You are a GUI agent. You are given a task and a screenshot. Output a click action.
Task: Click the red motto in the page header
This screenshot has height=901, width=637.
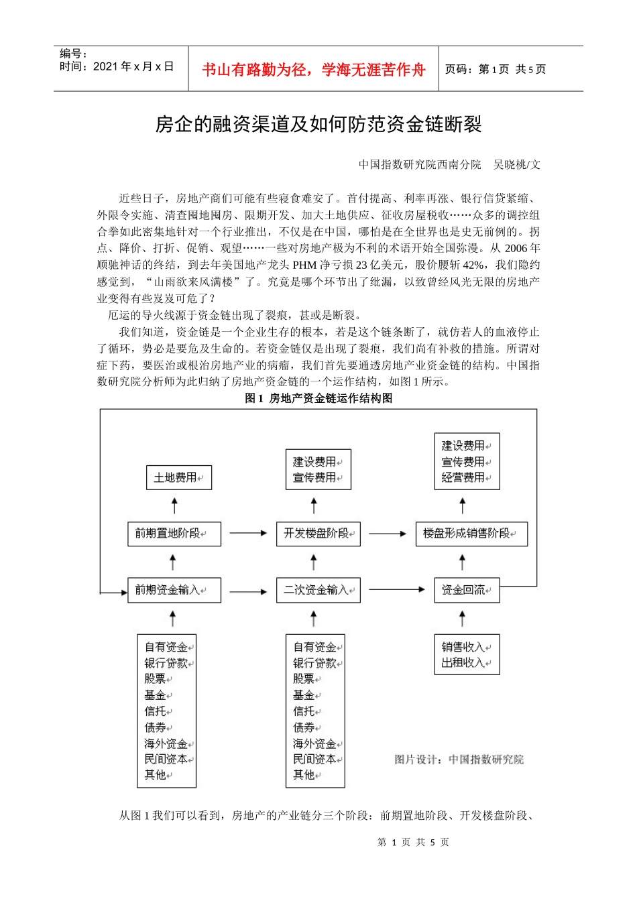click(313, 70)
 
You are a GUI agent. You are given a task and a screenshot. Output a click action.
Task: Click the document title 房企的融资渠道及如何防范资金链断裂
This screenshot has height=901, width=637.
click(318, 125)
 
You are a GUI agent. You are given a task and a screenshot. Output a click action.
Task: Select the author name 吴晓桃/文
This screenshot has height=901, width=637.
click(516, 165)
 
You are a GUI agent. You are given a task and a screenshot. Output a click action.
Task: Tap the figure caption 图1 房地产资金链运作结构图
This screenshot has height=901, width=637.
click(318, 398)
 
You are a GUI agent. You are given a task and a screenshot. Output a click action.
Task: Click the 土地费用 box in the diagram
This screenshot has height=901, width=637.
click(178, 477)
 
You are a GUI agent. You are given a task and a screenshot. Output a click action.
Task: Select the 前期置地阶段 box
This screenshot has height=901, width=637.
click(174, 534)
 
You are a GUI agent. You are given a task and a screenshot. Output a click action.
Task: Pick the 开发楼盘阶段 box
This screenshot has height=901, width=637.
click(318, 534)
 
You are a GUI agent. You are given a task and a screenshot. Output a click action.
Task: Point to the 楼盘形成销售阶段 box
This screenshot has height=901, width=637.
click(471, 534)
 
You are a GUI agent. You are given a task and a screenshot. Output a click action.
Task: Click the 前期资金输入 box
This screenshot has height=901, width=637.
click(174, 590)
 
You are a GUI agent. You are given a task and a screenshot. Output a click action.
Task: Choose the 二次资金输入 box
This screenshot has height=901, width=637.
click(318, 590)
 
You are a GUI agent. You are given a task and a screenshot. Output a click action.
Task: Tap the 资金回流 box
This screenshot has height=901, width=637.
click(466, 590)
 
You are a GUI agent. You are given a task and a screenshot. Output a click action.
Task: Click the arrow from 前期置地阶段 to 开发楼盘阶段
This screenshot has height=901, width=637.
click(248, 534)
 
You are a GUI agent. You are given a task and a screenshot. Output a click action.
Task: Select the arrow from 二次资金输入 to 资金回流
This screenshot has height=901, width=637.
click(397, 590)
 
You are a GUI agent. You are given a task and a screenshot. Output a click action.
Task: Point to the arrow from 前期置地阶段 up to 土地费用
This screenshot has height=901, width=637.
click(174, 505)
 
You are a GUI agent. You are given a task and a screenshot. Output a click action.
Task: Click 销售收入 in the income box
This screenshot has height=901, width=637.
click(463, 647)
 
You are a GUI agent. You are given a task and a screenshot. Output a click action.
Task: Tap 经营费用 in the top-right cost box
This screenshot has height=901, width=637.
click(463, 477)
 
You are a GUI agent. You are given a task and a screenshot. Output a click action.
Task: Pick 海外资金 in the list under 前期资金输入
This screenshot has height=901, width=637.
click(166, 743)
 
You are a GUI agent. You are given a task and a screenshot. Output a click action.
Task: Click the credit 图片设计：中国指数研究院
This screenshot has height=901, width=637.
click(459, 760)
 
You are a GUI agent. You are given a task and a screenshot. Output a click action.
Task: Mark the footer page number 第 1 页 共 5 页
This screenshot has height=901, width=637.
click(413, 843)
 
